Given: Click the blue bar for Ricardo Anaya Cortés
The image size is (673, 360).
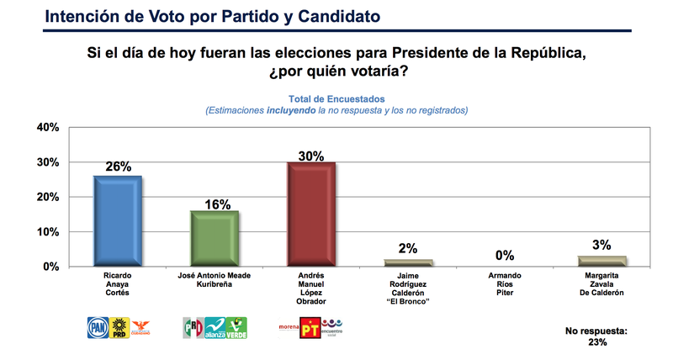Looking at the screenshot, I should (x=118, y=220).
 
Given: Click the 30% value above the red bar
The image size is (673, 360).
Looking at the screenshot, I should (x=311, y=155).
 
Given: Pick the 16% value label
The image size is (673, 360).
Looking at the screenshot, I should (x=214, y=203).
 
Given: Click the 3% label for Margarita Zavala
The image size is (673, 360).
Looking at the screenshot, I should (x=601, y=246).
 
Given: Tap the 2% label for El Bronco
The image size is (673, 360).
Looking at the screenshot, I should (x=408, y=250).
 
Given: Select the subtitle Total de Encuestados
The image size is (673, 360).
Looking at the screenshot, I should (x=336, y=98).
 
